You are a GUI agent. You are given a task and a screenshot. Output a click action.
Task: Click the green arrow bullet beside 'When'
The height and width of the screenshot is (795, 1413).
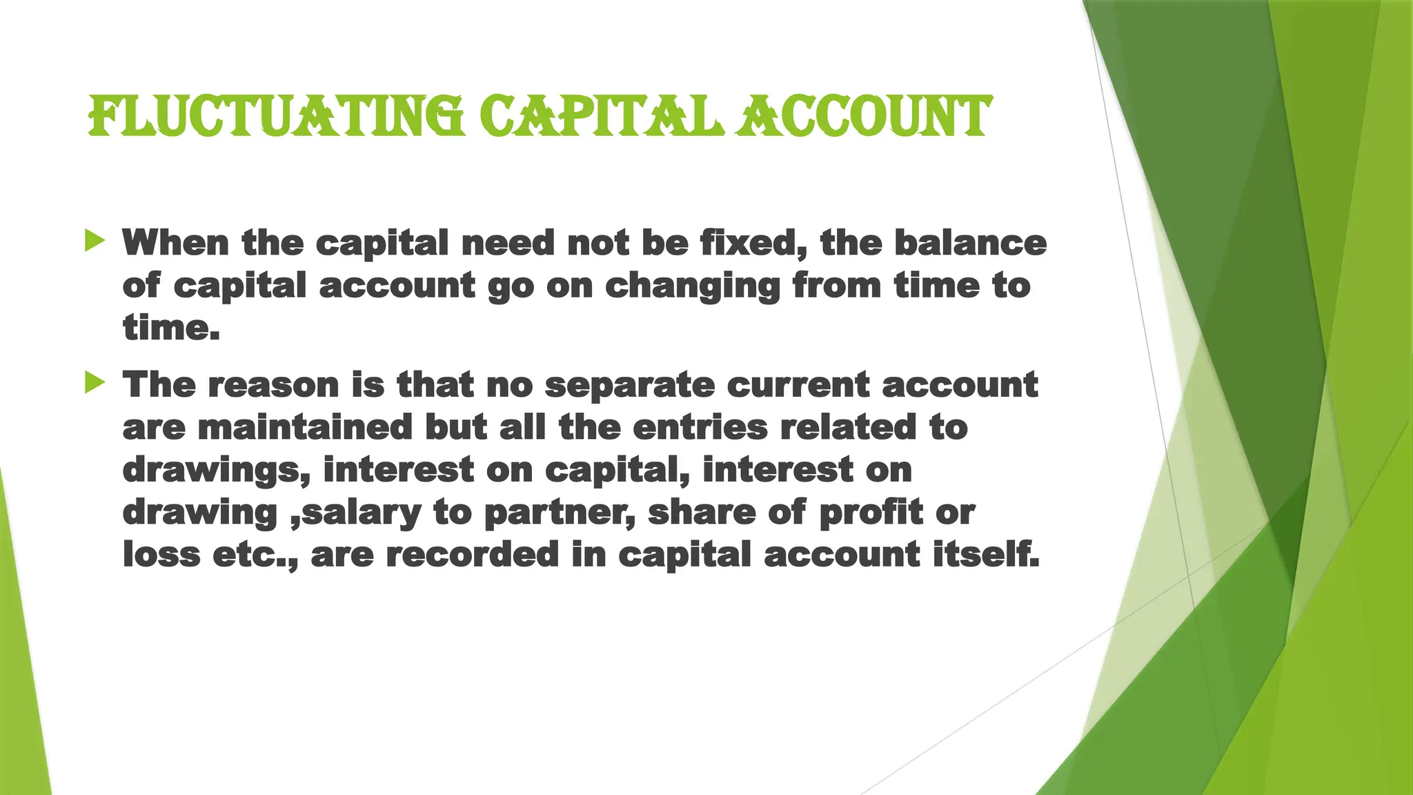click(x=95, y=241)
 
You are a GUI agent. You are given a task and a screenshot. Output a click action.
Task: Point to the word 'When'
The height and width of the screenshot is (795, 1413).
click(x=175, y=243)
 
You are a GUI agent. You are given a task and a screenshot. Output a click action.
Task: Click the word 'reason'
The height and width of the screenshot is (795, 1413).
click(x=273, y=384)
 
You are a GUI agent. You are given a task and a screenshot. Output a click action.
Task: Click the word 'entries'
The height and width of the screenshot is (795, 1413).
click(x=700, y=427)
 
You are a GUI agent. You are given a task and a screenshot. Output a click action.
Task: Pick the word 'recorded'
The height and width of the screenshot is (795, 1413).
click(x=472, y=555)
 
